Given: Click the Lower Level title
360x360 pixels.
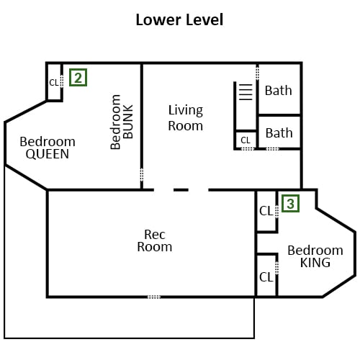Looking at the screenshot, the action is pos(179,19).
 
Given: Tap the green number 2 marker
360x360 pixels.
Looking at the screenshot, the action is pos(78,77).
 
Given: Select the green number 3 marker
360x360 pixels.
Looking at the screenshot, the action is pos(290,204).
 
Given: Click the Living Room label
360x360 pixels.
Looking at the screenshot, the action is pos(186,118).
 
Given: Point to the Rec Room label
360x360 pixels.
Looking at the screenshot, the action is pos(155,240).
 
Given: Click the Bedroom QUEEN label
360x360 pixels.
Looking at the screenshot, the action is pos(48,148).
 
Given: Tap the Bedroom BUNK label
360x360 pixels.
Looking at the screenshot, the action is pos(122,122).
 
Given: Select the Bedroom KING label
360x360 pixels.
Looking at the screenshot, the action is pos(315,256).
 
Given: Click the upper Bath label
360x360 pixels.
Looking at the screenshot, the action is pos(279,91).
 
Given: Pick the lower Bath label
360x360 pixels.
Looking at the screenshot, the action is pos(279,133).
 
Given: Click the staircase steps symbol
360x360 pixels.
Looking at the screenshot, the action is pos(246,92).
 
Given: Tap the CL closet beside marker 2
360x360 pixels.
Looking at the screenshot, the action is pos(54,83).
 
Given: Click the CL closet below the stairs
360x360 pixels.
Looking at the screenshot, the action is pos(246,140).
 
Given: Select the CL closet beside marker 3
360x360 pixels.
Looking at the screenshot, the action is pos(266,211).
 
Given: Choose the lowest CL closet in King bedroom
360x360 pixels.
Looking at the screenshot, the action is pos(266,277).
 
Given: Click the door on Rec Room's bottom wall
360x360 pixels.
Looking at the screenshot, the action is pos(154,297).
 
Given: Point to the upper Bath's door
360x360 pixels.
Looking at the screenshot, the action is pos(257,73).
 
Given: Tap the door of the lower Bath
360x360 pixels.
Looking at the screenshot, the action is pos(273,149).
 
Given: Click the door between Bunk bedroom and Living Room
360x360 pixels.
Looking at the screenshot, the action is pos(142,174).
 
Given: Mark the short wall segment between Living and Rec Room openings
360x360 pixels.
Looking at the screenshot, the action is pos(181,190).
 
